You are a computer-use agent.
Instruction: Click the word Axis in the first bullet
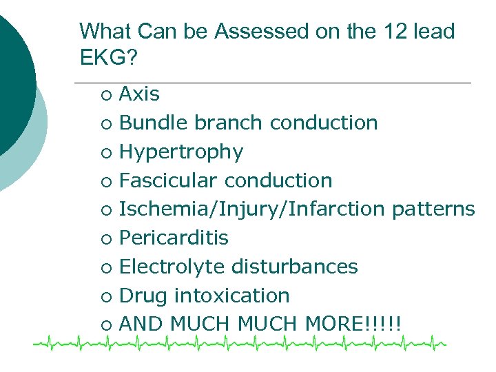tap(139, 94)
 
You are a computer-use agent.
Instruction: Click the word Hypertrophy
tap(181, 152)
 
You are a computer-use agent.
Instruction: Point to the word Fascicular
tap(169, 180)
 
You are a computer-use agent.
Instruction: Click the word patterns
tap(433, 209)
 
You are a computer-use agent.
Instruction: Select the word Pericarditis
tap(174, 238)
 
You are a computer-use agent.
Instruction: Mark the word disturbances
tap(295, 267)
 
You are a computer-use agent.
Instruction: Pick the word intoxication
tap(232, 296)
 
